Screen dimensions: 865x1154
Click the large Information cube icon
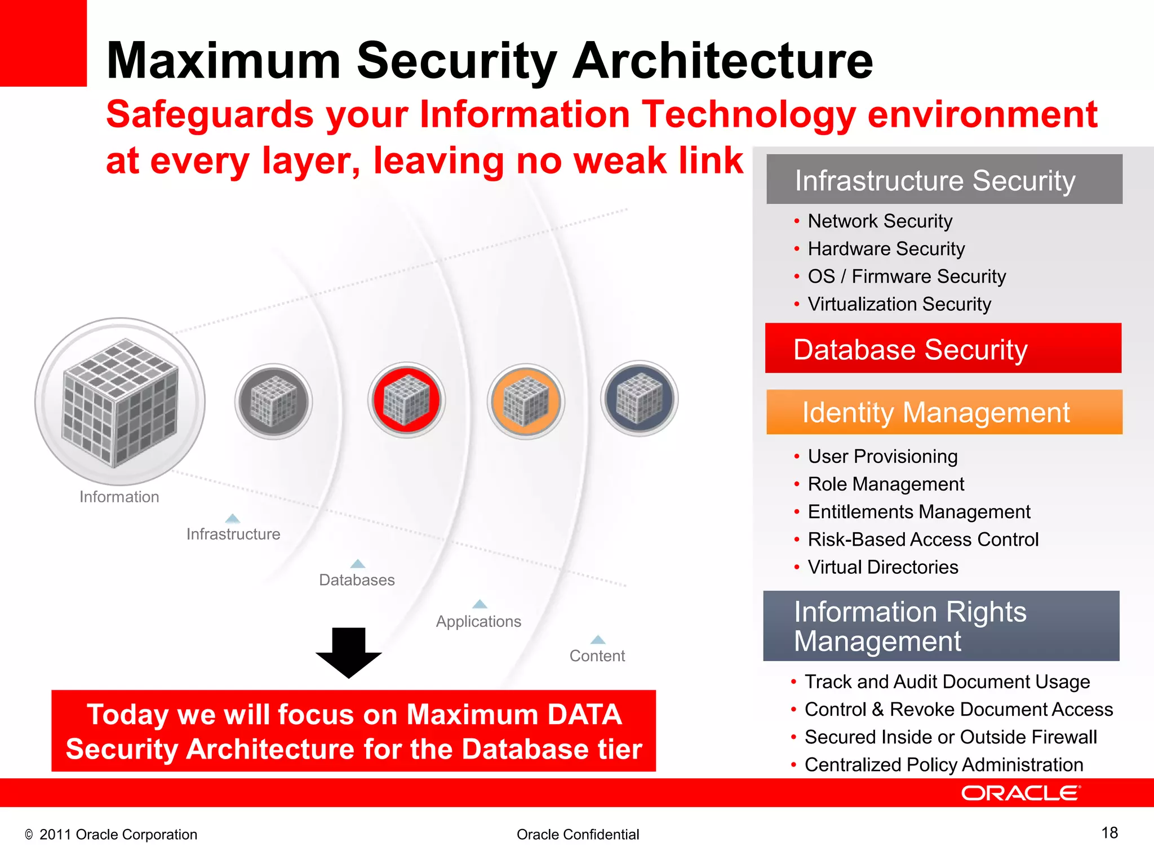point(120,402)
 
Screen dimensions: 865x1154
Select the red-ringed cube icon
point(406,400)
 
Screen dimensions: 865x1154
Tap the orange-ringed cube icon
point(525,402)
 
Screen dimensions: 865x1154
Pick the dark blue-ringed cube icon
point(639,399)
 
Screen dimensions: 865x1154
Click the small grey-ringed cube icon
point(273,401)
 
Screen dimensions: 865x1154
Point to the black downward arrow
point(349,652)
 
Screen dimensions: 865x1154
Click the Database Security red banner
point(943,349)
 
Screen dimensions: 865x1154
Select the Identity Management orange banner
point(944,412)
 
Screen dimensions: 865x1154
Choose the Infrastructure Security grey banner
point(944,180)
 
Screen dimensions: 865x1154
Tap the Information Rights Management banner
point(941,626)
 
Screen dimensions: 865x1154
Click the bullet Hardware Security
point(886,249)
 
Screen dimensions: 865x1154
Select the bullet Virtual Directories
point(882,567)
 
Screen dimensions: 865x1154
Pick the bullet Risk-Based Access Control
point(922,539)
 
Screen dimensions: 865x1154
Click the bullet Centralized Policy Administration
point(943,765)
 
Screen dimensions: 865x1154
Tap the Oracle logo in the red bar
point(1020,793)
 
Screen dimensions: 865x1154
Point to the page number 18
point(1109,833)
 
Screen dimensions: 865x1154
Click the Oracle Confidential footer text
point(578,835)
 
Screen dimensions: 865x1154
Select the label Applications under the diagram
point(478,621)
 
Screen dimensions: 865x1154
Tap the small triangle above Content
point(598,640)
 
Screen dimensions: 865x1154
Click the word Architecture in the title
point(722,61)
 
